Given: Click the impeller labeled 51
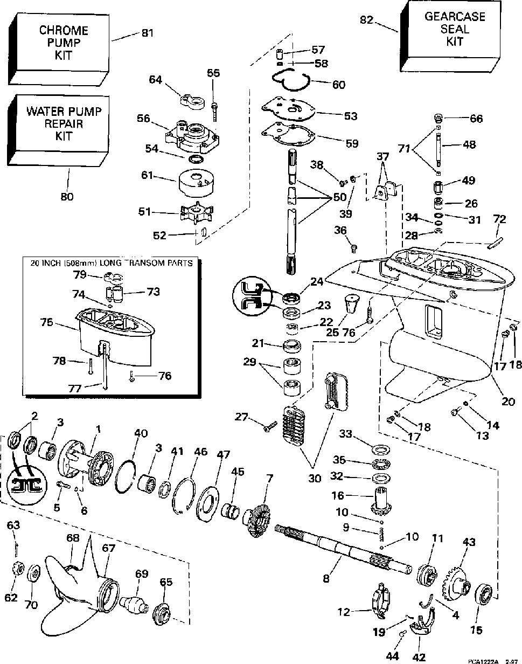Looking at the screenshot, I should (x=193, y=212).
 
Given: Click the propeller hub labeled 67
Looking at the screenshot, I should (x=111, y=591).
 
